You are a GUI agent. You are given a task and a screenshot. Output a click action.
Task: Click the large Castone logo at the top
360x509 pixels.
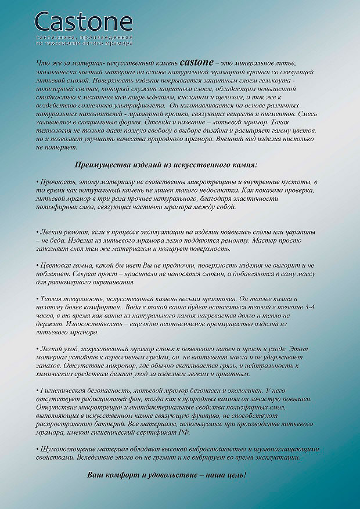84,22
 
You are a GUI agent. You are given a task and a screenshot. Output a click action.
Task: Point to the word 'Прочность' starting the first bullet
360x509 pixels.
56,182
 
